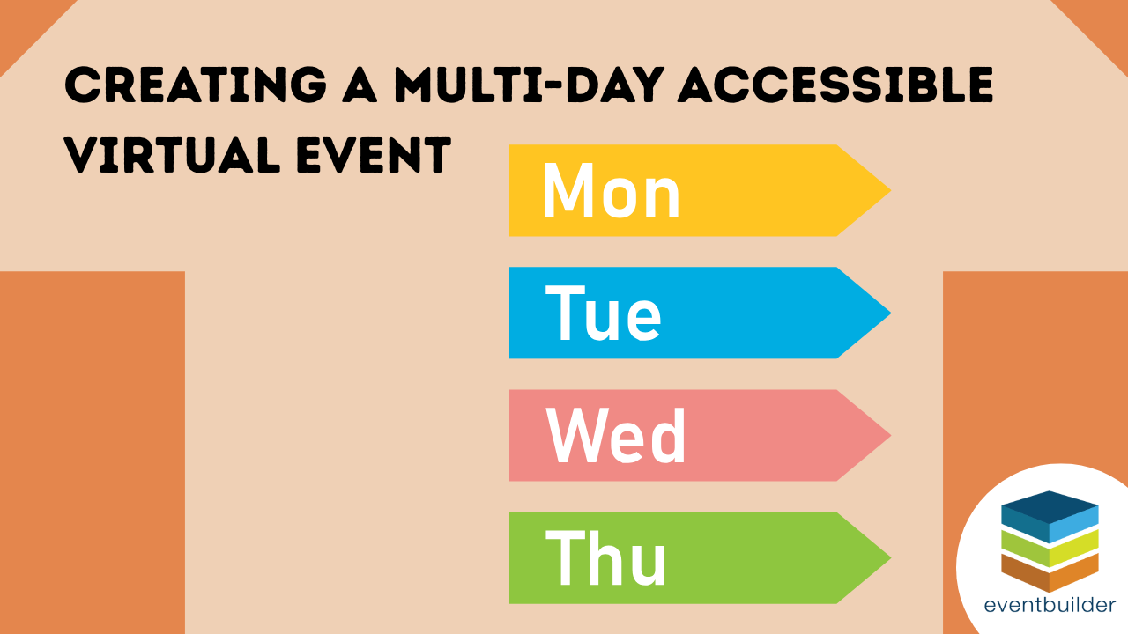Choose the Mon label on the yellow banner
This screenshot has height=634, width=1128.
(612, 191)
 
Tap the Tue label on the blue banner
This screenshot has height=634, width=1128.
(604, 313)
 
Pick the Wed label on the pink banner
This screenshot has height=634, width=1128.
(616, 436)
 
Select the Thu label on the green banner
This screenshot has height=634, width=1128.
(606, 558)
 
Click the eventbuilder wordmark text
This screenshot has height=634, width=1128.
(1050, 606)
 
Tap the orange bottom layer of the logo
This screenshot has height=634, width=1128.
(1050, 574)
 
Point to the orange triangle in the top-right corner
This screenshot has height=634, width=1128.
(1102, 21)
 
